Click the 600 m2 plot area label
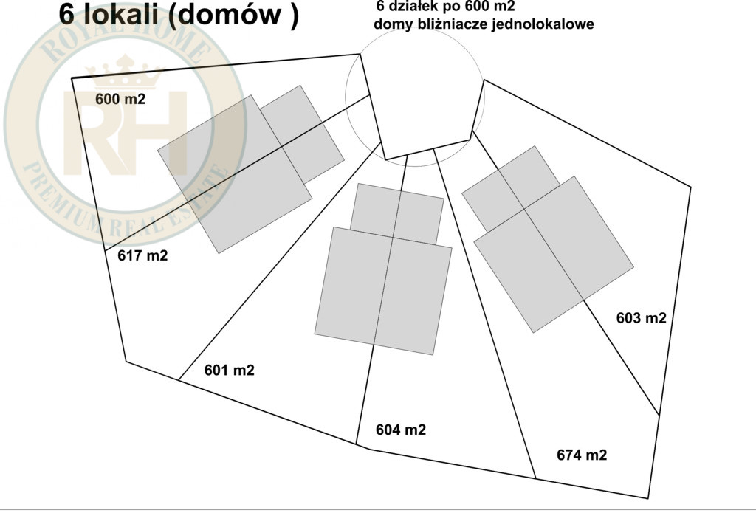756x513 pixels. click(120, 99)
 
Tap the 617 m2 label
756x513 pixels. click(142, 255)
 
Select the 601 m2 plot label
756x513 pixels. click(229, 370)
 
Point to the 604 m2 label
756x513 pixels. click(401, 429)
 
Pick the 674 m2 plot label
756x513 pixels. click(582, 455)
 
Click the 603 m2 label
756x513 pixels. click(642, 317)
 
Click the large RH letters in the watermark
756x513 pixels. click(125, 134)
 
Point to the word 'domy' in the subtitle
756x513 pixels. click(388, 24)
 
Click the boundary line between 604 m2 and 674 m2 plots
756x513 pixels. click(484, 314)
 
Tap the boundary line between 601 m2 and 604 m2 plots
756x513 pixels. click(382, 299)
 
